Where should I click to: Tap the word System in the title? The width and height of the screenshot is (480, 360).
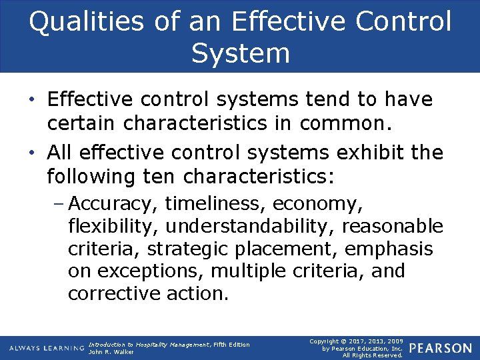tap(240, 53)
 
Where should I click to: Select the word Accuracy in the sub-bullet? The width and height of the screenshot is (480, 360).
tap(113, 203)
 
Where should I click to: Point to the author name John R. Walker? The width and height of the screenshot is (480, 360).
tap(111, 352)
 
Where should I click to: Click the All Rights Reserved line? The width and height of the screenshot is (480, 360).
tap(372, 355)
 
